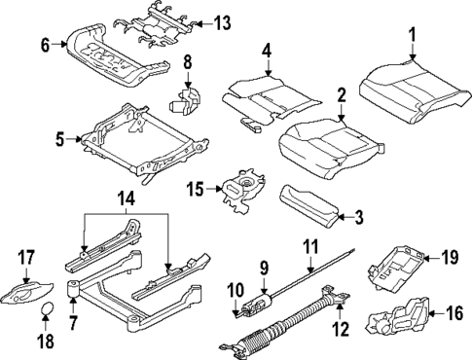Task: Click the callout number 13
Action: [222, 23]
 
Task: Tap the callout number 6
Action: [46, 45]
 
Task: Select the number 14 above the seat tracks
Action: [127, 199]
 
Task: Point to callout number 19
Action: [450, 258]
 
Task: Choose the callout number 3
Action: [359, 218]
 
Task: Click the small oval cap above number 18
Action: [48, 308]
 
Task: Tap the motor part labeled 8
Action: [185, 101]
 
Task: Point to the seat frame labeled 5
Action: [144, 143]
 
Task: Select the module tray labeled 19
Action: [396, 268]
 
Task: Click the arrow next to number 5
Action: [74, 139]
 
